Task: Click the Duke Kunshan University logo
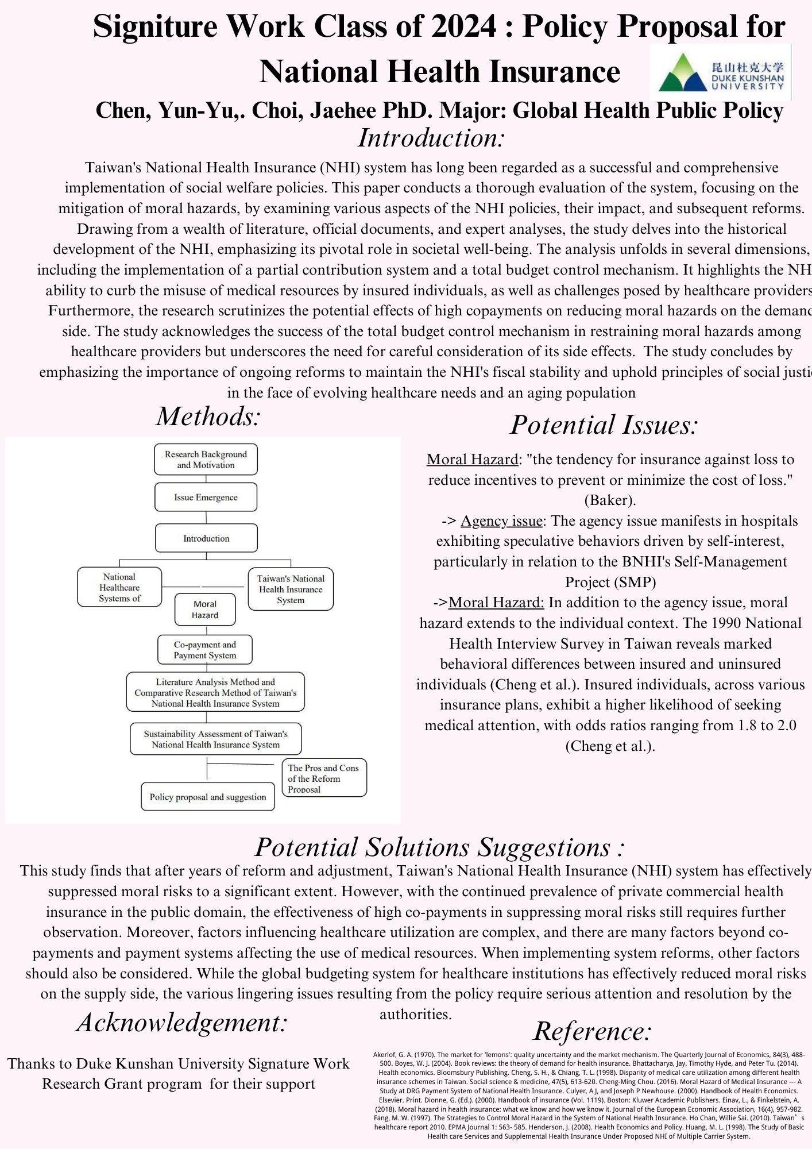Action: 720,73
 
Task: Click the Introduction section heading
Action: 431,138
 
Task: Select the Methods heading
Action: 208,417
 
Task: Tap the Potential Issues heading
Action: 604,425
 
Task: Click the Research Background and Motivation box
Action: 206,460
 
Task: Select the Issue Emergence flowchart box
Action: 206,498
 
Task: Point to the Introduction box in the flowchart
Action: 206,539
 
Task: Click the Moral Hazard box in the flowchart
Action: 205,610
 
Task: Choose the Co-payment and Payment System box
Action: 205,650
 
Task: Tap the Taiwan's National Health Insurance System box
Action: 291,589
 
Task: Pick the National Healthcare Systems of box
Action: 119,588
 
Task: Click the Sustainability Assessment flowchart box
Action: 215,739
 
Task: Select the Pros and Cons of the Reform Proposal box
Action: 323,778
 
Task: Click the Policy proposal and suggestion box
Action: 208,797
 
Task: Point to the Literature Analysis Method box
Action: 215,692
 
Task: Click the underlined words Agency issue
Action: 501,521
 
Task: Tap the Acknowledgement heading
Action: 181,1023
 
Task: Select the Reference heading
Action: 593,1031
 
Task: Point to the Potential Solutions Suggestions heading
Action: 440,847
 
